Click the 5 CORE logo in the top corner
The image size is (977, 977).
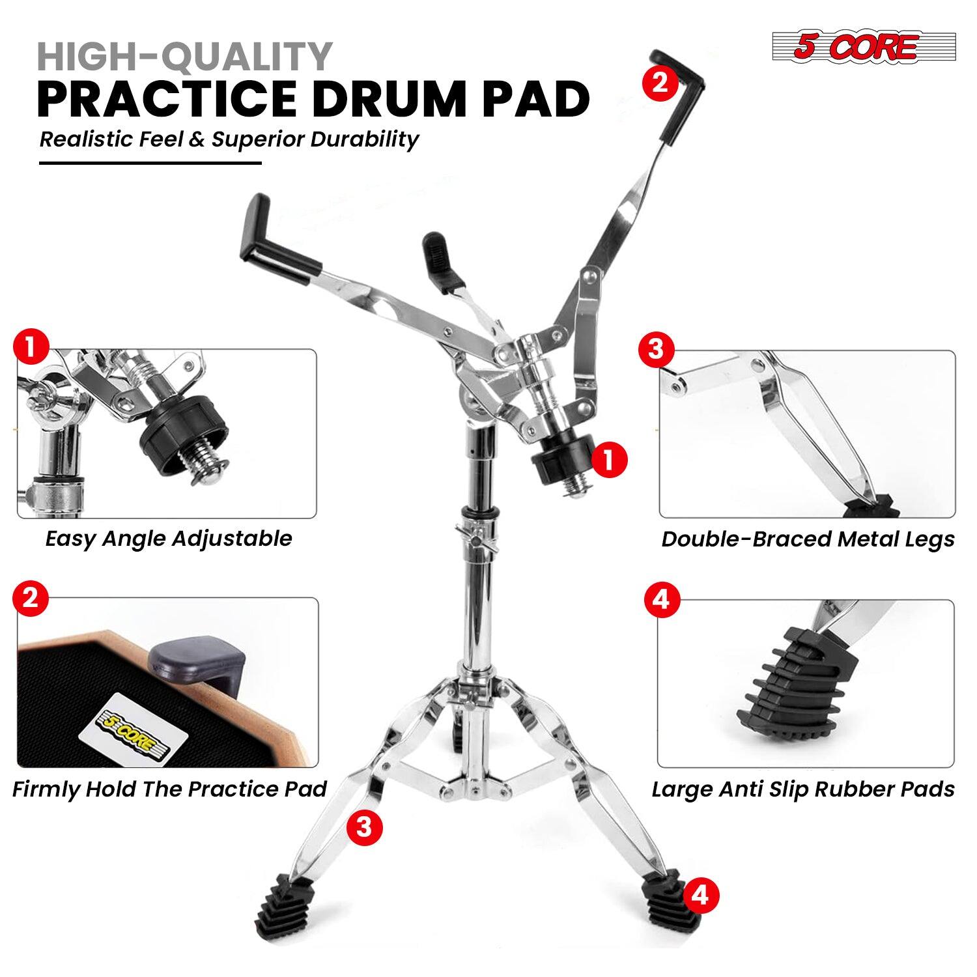click(845, 47)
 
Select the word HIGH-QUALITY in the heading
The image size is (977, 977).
click(185, 57)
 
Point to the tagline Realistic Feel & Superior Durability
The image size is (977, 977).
click(229, 139)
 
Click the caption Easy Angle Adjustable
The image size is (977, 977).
click(168, 539)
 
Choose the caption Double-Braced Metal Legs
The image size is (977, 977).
click(808, 539)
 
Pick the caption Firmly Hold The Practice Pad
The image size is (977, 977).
click(169, 789)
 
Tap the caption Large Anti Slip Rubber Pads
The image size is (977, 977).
click(803, 789)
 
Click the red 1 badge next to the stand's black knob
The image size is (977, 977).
click(610, 460)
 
